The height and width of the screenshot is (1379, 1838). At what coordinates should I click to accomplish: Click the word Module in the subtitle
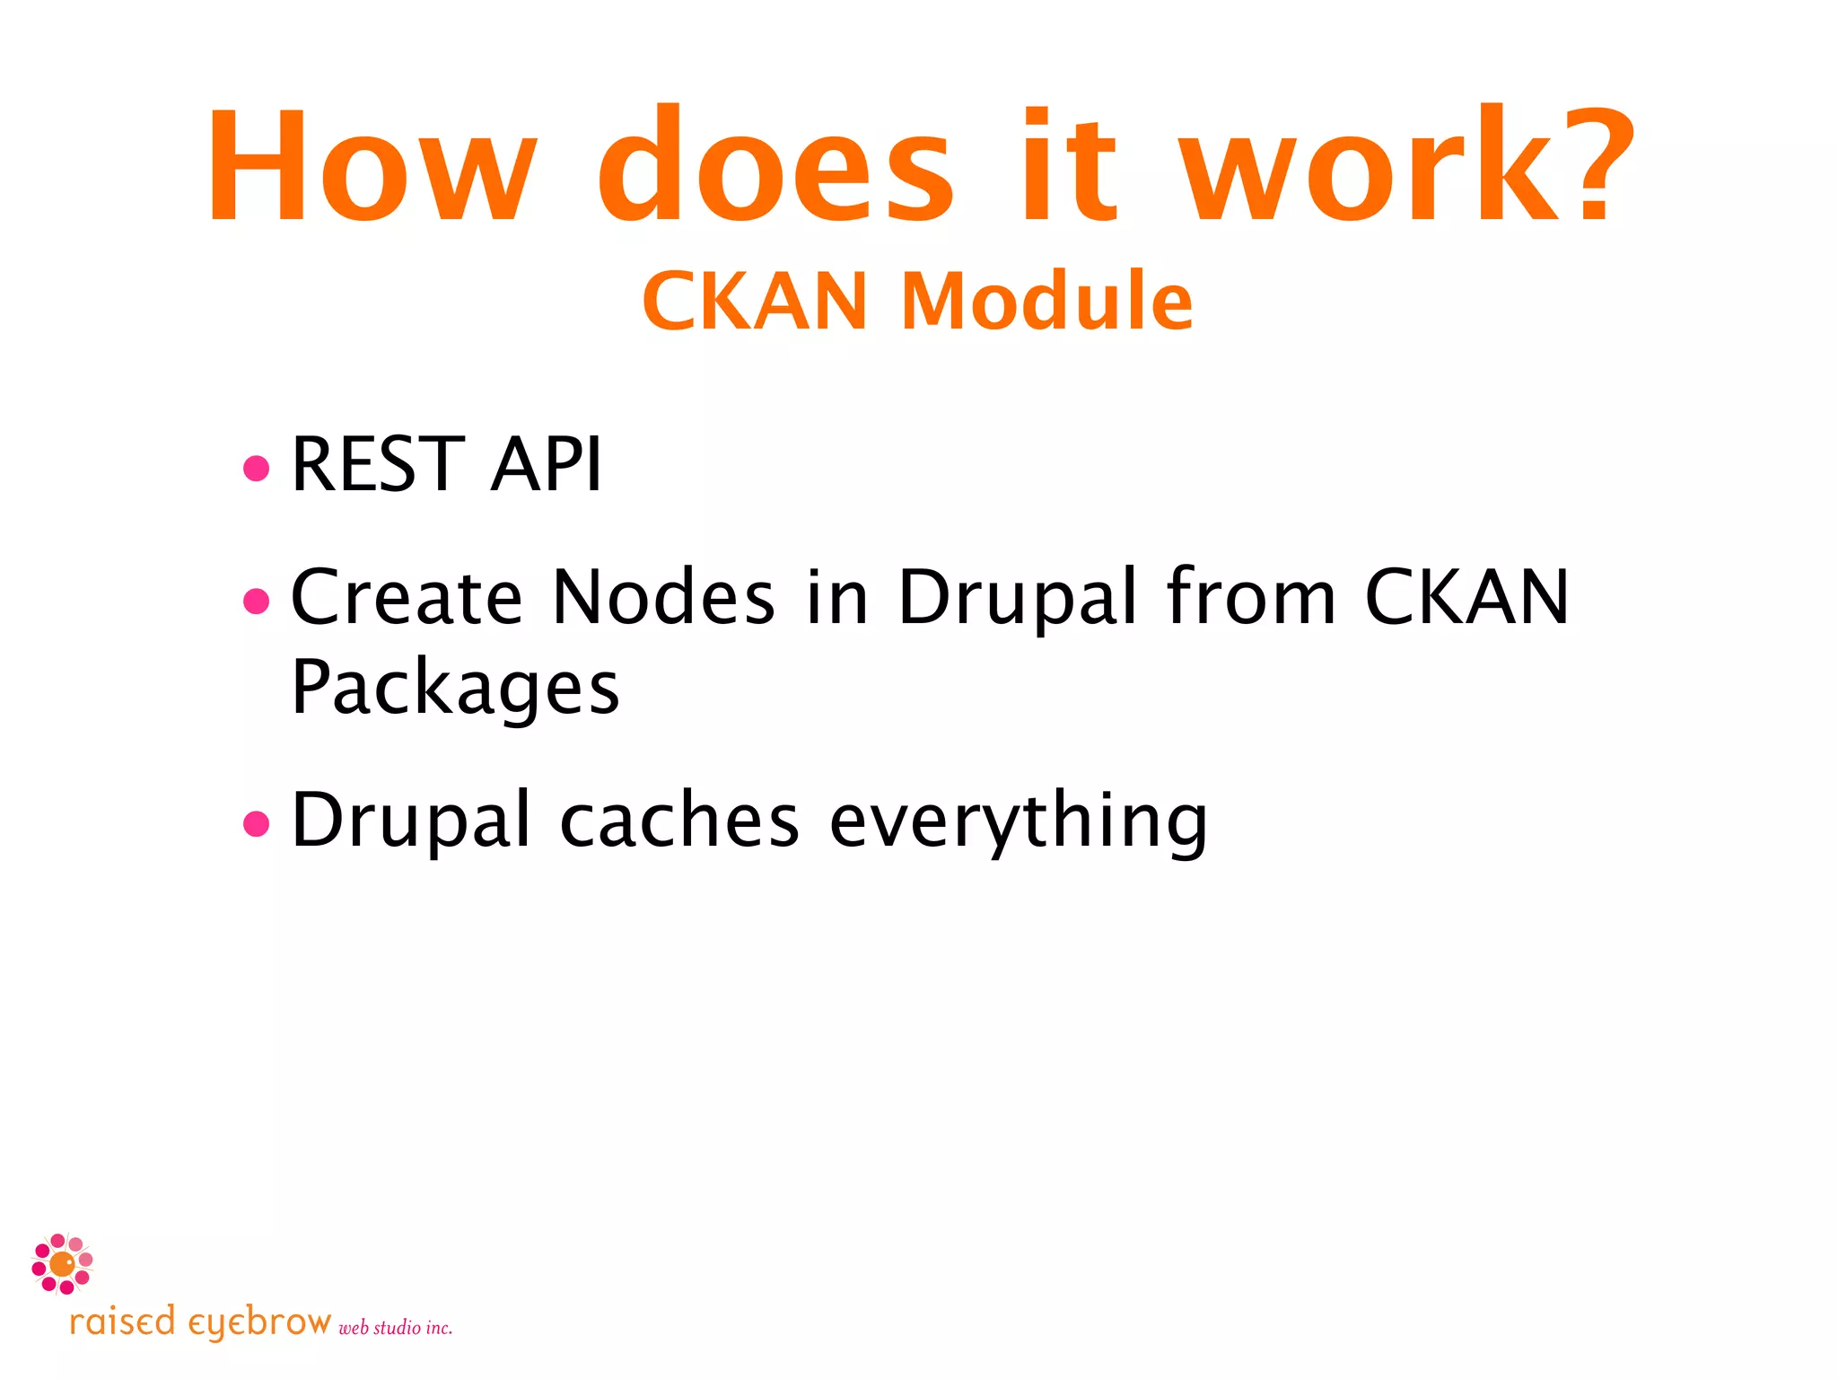[1046, 302]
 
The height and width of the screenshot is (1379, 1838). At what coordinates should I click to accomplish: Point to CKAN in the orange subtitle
[755, 302]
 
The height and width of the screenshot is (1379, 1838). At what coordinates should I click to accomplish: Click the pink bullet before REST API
[257, 468]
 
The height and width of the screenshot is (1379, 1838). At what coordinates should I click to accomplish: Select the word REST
[378, 464]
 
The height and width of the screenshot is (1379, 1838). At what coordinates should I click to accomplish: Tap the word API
[546, 464]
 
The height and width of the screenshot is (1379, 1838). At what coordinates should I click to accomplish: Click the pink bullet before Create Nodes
[257, 601]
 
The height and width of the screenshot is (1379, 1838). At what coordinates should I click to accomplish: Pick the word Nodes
[663, 598]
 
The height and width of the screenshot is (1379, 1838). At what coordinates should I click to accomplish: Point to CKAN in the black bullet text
[1466, 598]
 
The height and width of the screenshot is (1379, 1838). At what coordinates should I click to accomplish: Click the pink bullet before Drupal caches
[257, 822]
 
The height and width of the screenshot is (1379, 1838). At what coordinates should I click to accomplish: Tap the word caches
[679, 821]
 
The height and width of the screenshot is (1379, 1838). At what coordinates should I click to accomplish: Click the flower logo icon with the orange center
[62, 1264]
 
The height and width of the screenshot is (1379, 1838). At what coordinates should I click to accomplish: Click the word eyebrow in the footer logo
[259, 1323]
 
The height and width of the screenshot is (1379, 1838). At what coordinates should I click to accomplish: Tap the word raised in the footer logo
[122, 1323]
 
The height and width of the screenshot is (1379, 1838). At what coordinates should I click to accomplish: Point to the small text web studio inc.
[395, 1328]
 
